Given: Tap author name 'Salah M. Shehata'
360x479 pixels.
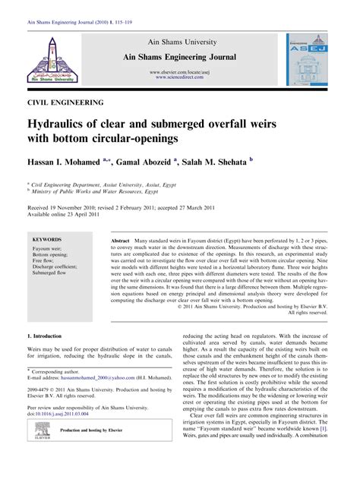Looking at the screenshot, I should (x=219, y=161).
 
